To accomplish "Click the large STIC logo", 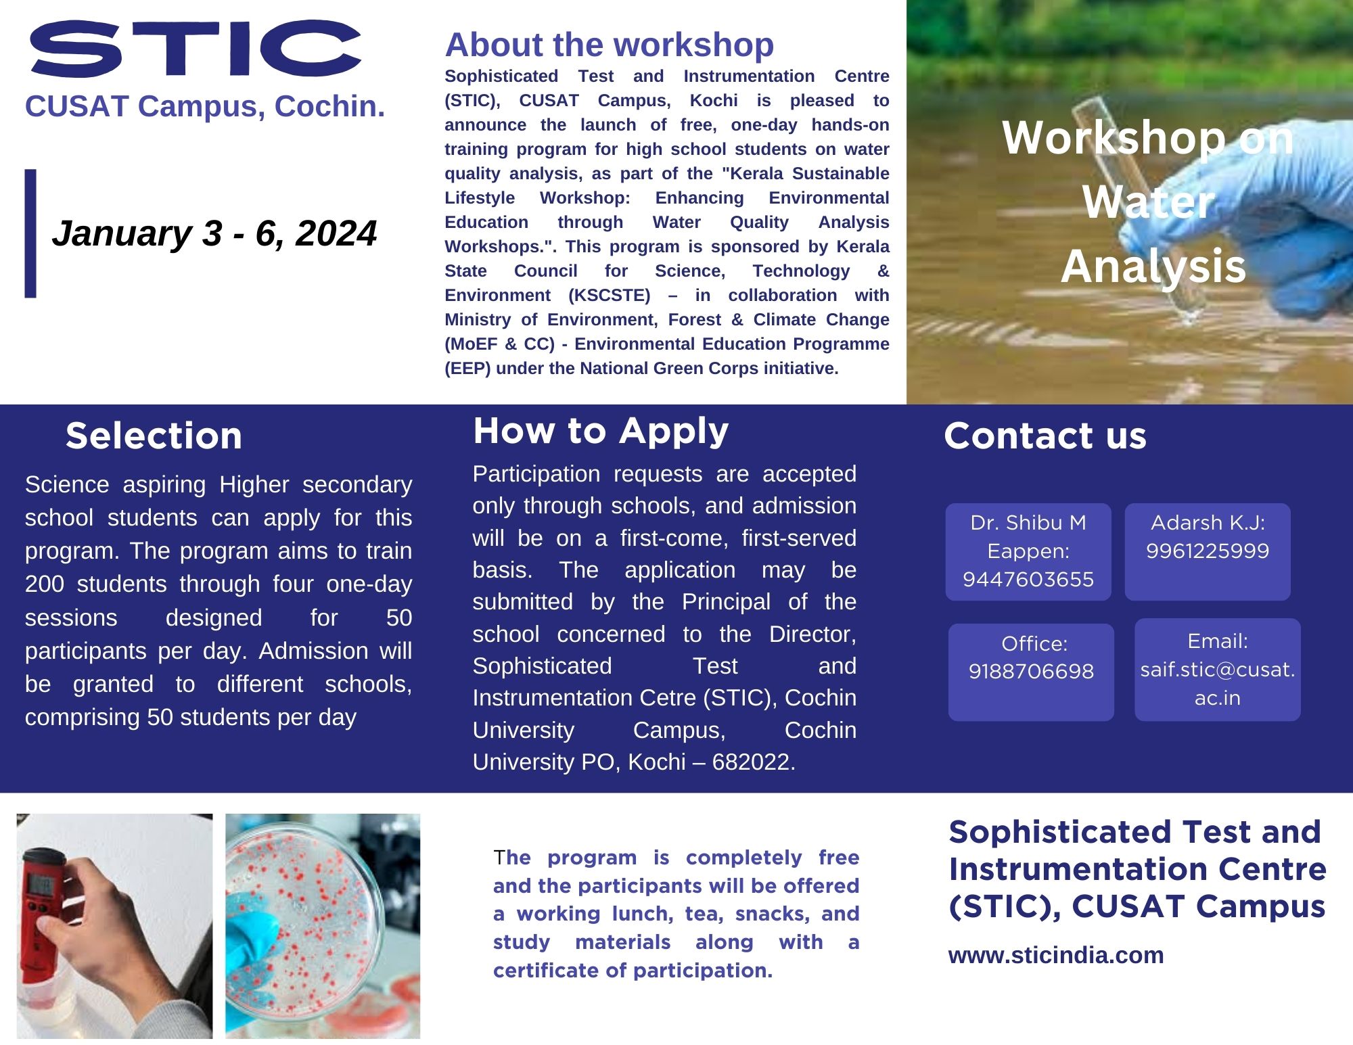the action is pyautogui.click(x=195, y=47).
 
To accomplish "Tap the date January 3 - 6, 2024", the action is pyautogui.click(x=214, y=233).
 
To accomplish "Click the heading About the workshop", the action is pyautogui.click(x=610, y=45).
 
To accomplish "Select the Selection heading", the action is pyautogui.click(x=154, y=436).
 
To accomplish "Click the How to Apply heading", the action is pyautogui.click(x=601, y=432).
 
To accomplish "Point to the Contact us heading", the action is pyautogui.click(x=1045, y=436).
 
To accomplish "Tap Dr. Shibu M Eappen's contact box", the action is pyautogui.click(x=1028, y=551).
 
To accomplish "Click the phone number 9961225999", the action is pyautogui.click(x=1208, y=551).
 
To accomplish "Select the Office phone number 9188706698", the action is pyautogui.click(x=1031, y=672).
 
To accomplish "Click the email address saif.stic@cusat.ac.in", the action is pyautogui.click(x=1218, y=683).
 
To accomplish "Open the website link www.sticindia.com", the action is pyautogui.click(x=1056, y=955).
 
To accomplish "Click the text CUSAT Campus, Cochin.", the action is pyautogui.click(x=205, y=106).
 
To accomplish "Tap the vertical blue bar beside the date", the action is pyautogui.click(x=30, y=233).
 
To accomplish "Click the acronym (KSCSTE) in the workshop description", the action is pyautogui.click(x=610, y=296).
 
